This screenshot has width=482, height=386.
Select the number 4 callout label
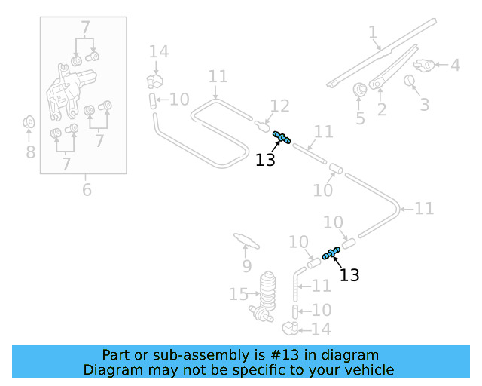coord(455,66)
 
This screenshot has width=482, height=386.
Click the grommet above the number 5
coord(360,88)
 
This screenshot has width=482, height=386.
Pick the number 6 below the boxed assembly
coord(87,189)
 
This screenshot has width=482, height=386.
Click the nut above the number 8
coord(29,121)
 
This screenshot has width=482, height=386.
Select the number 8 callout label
coord(30,152)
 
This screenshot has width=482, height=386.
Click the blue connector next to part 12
coord(282,138)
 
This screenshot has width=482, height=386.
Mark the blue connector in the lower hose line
coord(331,253)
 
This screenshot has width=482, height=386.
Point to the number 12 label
coord(279,106)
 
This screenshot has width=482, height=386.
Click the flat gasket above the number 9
coord(246,240)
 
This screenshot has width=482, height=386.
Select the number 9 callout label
coord(246,266)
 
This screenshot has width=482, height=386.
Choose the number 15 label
coord(238,293)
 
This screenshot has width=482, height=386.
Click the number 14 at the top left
coord(158,51)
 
